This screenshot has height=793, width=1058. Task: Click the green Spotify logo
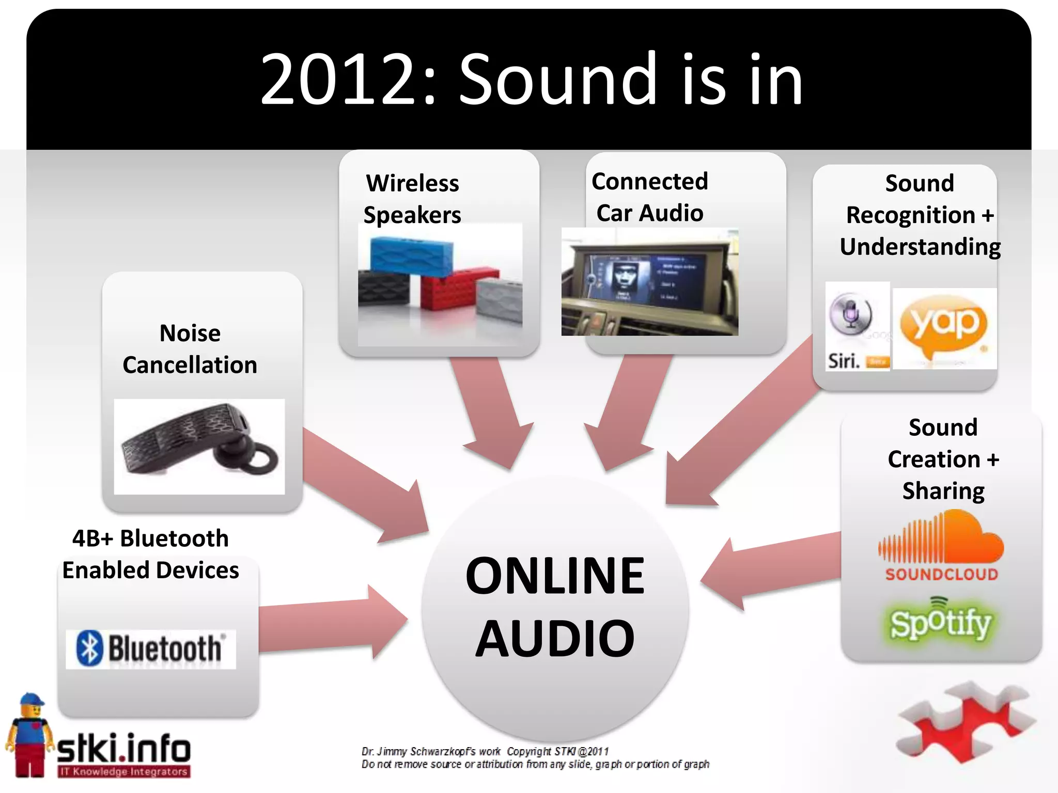(x=940, y=622)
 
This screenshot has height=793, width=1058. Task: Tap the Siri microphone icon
(x=851, y=313)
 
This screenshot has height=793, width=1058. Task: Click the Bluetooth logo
(x=150, y=649)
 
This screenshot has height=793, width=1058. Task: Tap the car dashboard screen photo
(x=649, y=282)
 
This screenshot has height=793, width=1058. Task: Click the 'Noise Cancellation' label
(x=190, y=349)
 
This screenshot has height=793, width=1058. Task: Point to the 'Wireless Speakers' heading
(x=412, y=199)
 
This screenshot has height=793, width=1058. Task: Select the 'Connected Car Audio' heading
(x=649, y=197)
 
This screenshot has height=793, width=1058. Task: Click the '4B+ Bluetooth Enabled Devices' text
(x=150, y=554)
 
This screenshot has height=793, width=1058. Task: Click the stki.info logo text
(x=123, y=749)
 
